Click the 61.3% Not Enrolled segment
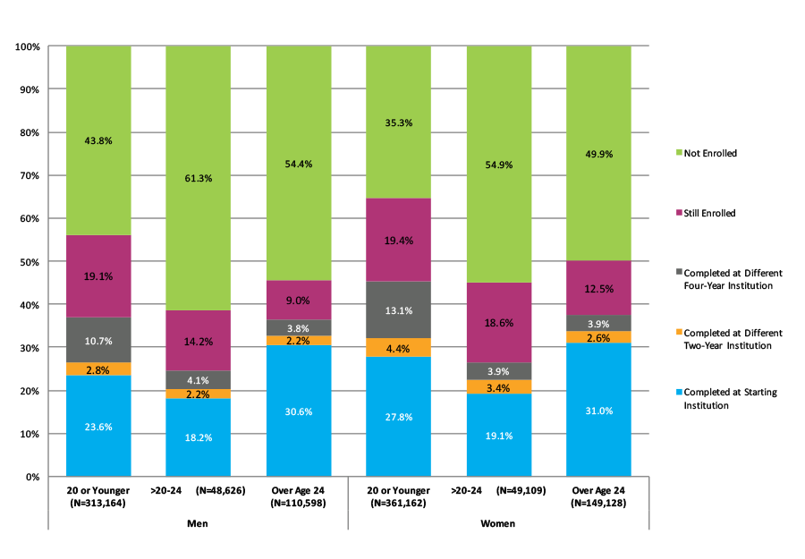tap(199, 178)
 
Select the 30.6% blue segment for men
tap(299, 411)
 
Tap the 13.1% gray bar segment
tap(399, 310)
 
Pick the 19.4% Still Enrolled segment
tap(399, 240)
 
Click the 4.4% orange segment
tap(399, 348)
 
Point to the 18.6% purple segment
tap(499, 323)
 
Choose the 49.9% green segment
tap(599, 153)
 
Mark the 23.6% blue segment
tap(98, 426)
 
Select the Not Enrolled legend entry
tap(710, 154)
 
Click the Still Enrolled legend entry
tap(710, 214)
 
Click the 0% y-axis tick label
tap(31, 477)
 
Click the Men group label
tap(199, 523)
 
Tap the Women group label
tap(499, 523)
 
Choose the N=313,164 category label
tap(98, 503)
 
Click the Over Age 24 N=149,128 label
tap(599, 497)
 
